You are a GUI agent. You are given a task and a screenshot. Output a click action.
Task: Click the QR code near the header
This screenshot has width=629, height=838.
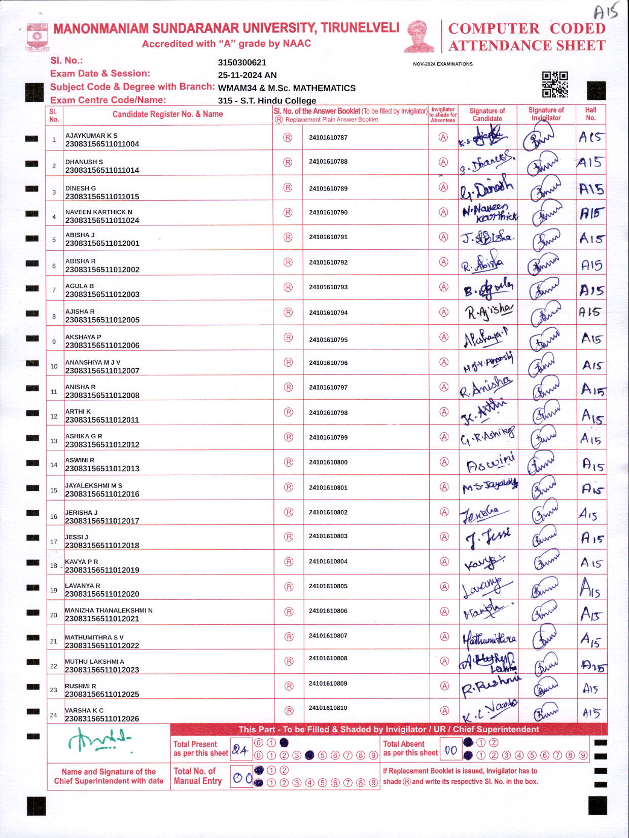point(554,84)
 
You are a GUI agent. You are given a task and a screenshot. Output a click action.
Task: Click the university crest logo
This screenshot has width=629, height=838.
point(37,36)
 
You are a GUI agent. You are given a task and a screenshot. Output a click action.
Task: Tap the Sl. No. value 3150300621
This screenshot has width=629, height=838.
point(242,62)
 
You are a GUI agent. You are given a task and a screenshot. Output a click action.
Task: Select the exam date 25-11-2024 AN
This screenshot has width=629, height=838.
point(247,75)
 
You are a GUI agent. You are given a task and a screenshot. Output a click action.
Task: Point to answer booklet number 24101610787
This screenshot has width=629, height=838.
point(328,137)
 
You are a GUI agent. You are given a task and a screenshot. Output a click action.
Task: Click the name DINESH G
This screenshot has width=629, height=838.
point(81,188)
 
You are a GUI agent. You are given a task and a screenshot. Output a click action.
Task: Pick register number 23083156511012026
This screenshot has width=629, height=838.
point(102,718)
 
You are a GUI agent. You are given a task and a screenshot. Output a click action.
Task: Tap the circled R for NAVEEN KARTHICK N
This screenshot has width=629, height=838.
point(288,212)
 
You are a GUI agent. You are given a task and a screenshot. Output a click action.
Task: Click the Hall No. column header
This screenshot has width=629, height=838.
point(590,114)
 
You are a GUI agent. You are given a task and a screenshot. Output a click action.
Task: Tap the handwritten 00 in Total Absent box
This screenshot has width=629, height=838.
point(450,750)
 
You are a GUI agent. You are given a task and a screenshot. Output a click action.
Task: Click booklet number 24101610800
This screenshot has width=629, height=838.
point(328,462)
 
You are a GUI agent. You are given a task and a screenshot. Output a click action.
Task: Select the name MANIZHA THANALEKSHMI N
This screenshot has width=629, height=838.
point(109,611)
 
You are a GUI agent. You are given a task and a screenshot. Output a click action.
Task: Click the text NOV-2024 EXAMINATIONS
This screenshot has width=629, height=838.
point(442,64)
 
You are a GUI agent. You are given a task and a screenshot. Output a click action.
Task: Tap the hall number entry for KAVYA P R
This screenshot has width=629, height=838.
point(591,562)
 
